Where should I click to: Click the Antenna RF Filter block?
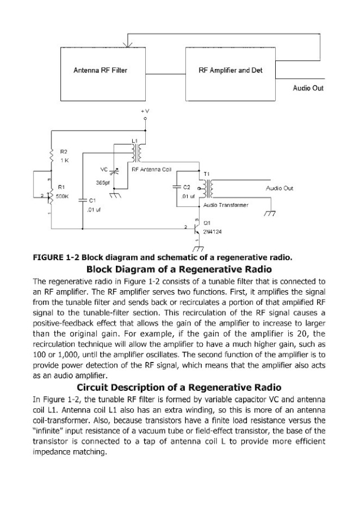coord(101,71)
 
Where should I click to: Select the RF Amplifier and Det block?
coord(231,71)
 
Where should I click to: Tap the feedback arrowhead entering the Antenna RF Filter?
coord(130,45)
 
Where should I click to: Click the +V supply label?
coord(145,113)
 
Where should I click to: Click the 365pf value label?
coord(102,183)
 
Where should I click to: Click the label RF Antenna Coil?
coord(151,169)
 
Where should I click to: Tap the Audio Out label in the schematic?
coord(279,188)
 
